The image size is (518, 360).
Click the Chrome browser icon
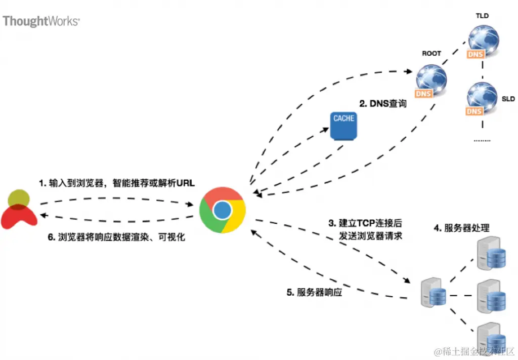223,210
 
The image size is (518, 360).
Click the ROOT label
431,53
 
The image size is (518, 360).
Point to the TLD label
482,16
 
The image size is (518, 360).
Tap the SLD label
508,99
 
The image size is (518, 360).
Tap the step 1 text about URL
117,182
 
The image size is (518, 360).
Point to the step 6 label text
116,237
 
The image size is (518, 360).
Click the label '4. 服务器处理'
461,227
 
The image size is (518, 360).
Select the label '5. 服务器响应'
314,292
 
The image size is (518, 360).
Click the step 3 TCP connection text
366,229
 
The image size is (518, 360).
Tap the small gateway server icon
434,292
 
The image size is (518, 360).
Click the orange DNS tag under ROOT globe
423,94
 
